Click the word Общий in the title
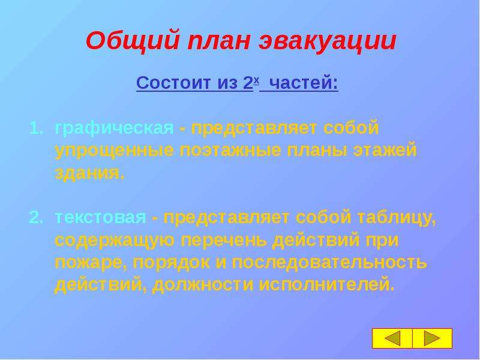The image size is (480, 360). tap(132, 41)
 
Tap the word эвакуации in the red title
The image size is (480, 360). tap(328, 41)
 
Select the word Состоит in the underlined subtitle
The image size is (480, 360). tap(173, 83)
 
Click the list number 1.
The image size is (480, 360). tap(36, 128)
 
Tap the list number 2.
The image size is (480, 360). tap(36, 218)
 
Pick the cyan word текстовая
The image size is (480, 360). tap(100, 218)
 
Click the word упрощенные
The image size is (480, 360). tap(114, 151)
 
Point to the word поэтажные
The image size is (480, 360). tap(230, 151)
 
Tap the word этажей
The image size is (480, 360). tap(385, 151)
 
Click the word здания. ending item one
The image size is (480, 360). tap(90, 173)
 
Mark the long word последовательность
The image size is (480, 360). tap(329, 262)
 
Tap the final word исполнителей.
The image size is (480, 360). tap(326, 285)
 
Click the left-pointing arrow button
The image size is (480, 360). tap(392, 338)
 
